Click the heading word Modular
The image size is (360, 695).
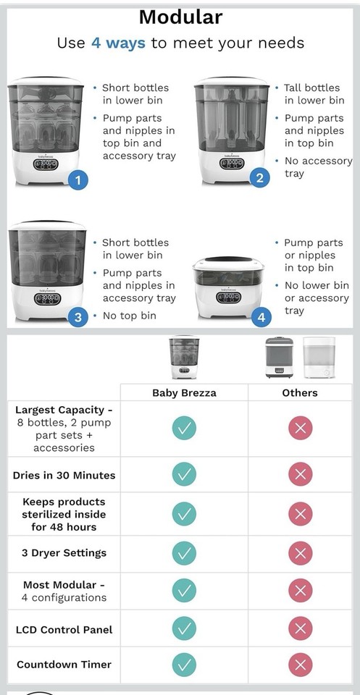180,17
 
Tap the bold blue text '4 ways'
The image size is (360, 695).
118,43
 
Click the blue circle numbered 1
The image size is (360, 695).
78,180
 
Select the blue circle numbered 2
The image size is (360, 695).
259,178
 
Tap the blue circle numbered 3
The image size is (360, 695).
78,316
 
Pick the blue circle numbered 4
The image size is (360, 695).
261,316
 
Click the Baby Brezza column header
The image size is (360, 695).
185,392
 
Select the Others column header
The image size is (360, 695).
300,392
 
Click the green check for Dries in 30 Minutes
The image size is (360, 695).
184,475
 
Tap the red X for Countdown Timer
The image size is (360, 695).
300,665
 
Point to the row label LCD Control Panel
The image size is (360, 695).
64,630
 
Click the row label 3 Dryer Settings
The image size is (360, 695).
64,553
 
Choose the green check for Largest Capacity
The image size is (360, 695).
184,428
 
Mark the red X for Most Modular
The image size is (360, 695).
300,591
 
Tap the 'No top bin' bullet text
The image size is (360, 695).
131,316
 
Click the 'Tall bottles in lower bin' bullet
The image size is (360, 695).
314,93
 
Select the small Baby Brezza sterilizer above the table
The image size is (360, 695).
184,357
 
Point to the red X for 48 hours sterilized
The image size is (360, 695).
300,514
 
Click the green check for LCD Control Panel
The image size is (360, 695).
184,629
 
